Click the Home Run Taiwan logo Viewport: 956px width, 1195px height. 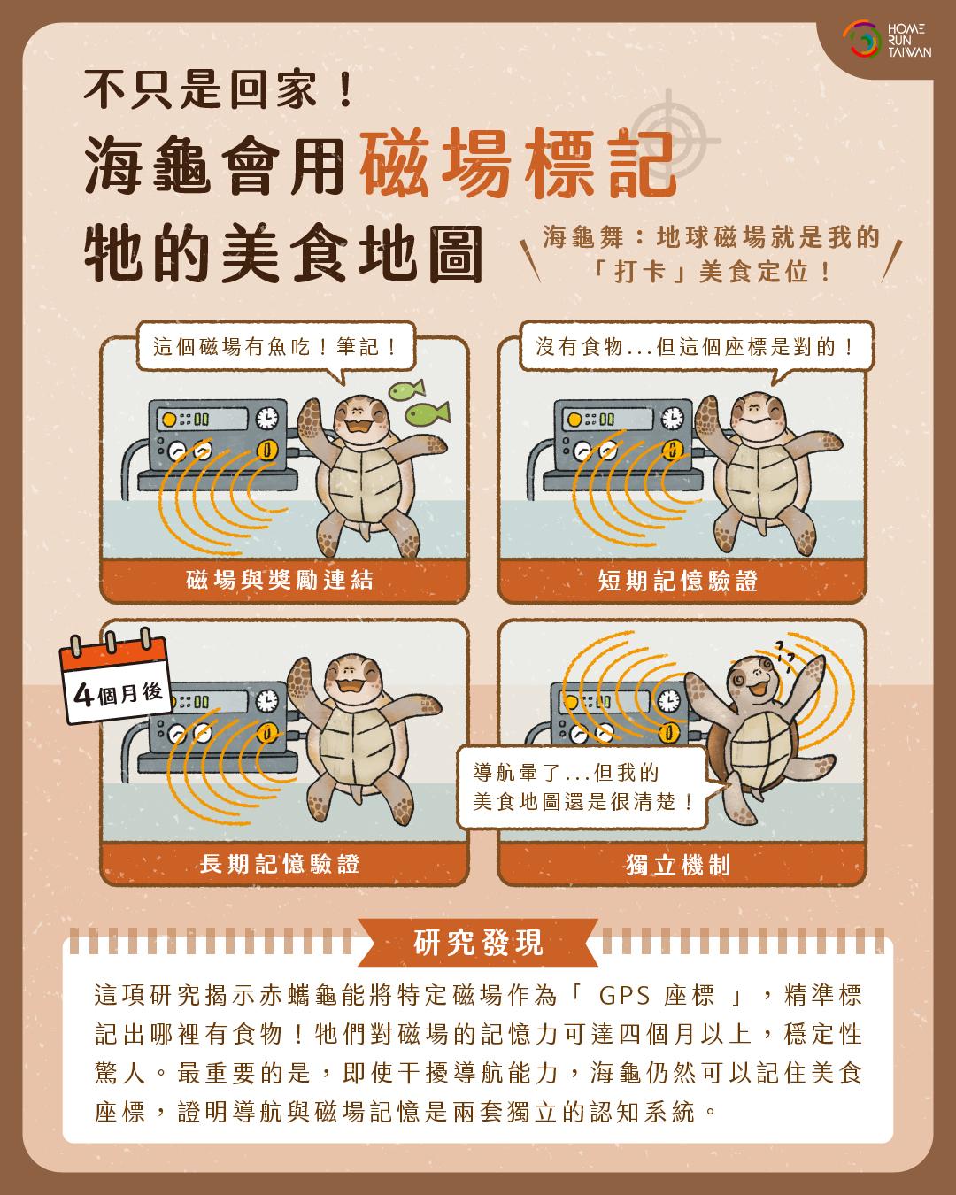[887, 40]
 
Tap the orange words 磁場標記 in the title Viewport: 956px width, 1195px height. [518, 163]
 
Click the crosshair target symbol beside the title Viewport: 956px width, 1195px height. [669, 141]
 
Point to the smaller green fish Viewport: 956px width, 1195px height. [406, 389]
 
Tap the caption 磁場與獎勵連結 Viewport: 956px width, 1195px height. [280, 581]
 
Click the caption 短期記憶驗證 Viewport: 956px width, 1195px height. [678, 581]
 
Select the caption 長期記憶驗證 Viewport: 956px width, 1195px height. [280, 864]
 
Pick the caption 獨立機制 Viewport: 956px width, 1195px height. [678, 865]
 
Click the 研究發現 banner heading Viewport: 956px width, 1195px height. [478, 943]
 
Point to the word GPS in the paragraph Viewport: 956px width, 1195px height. [624, 996]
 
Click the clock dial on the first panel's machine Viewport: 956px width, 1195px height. [267, 418]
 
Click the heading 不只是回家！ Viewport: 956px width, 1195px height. [219, 89]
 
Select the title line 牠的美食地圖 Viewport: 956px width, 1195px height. [283, 254]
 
